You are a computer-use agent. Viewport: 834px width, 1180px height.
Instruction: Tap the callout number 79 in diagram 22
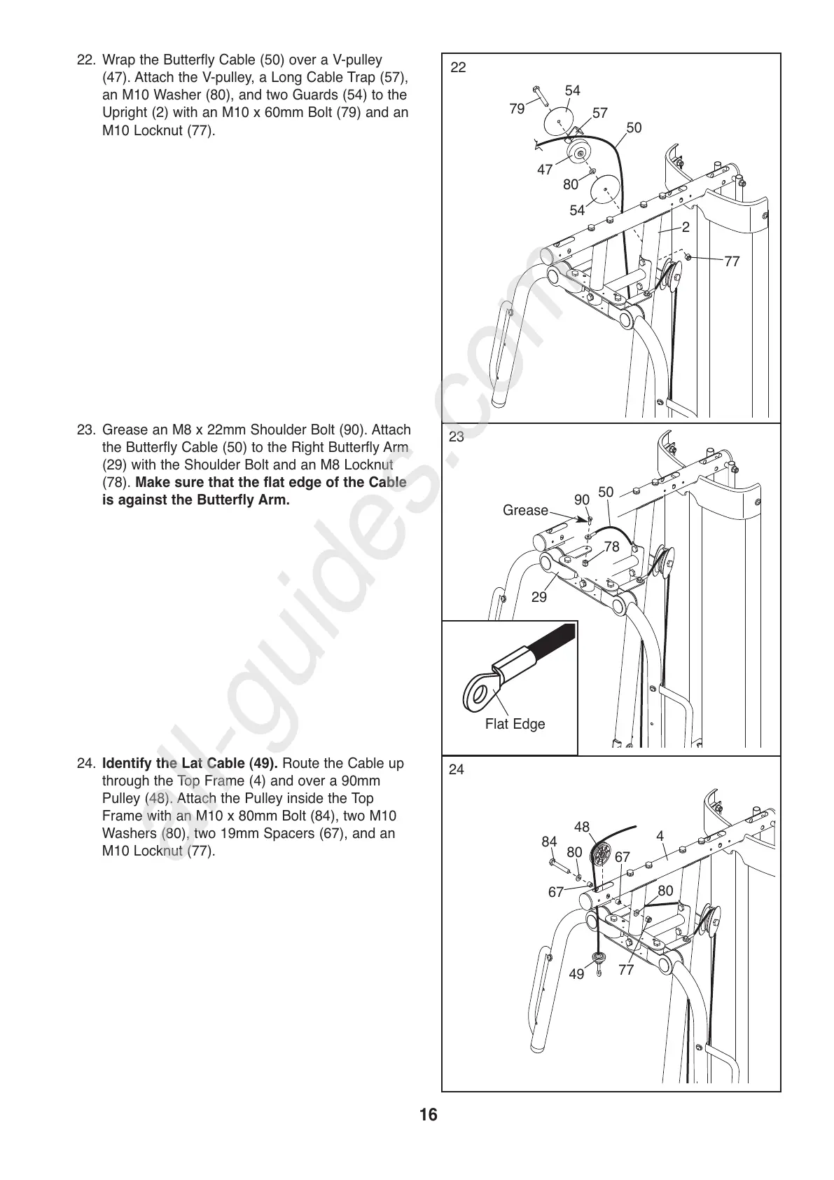point(517,109)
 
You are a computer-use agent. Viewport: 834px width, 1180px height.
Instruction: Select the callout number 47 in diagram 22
point(545,169)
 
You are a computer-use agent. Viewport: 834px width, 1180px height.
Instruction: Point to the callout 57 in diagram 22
point(600,113)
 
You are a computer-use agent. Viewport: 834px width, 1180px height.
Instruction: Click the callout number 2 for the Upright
point(686,227)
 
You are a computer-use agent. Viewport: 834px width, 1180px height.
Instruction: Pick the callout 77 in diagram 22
point(732,261)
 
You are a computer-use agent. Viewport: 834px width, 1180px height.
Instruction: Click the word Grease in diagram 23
point(525,510)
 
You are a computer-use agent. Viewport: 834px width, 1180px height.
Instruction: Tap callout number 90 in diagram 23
point(582,500)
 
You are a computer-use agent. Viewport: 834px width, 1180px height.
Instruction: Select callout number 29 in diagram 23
point(538,597)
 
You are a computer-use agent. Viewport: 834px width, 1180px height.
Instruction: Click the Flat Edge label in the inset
point(515,724)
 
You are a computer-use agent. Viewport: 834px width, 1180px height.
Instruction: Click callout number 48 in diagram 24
point(582,827)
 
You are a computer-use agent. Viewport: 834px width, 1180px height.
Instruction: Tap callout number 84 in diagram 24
point(549,842)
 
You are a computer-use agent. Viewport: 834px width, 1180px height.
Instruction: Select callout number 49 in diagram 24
point(576,974)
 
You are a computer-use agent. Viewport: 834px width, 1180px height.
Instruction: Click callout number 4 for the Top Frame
point(660,836)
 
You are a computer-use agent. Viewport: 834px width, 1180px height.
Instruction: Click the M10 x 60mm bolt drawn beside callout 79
point(541,95)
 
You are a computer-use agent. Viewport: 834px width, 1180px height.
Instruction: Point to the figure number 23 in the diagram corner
point(457,437)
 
